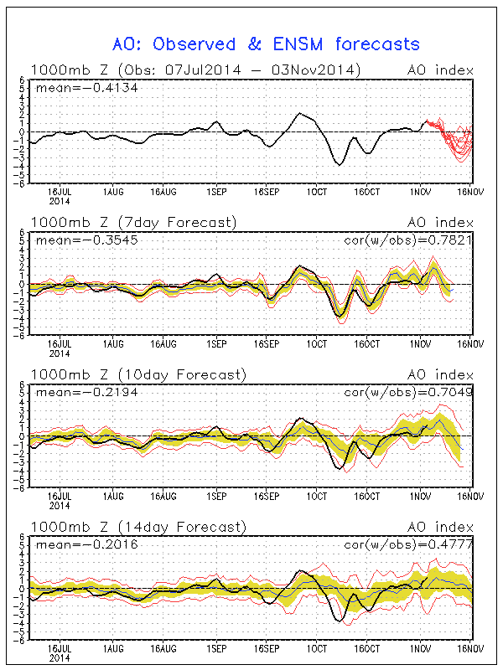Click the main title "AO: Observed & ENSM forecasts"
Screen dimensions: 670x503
point(266,44)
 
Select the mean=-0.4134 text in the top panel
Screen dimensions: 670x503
point(74,87)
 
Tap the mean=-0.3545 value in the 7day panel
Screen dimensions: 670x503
point(74,240)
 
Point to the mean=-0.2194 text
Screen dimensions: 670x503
point(74,391)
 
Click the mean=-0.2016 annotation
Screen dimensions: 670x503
point(74,544)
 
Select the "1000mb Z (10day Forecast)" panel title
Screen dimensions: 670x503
point(137,374)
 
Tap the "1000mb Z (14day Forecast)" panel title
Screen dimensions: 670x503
point(137,527)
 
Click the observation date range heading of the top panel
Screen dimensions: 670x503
point(195,70)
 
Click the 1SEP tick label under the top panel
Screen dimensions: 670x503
point(215,192)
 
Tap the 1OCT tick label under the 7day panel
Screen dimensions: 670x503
point(316,344)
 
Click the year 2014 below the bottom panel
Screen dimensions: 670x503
point(58,657)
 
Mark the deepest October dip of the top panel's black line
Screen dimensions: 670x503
point(340,164)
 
